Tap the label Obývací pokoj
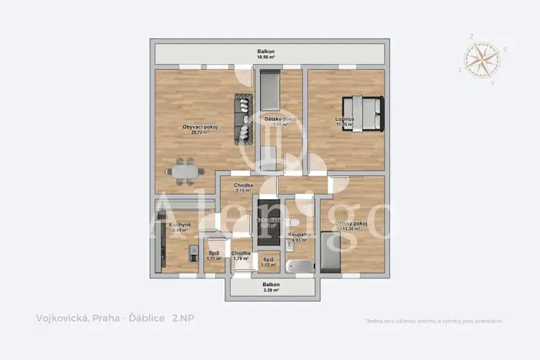(x=198, y=128)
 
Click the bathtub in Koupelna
(x=298, y=267)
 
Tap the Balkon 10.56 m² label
(x=266, y=54)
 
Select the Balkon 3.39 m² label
(x=271, y=287)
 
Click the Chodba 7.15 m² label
(x=244, y=188)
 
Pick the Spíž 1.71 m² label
(x=214, y=255)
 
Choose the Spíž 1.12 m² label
(x=268, y=262)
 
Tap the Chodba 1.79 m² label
(x=241, y=255)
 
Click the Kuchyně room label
(x=179, y=227)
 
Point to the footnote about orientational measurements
(x=433, y=320)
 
